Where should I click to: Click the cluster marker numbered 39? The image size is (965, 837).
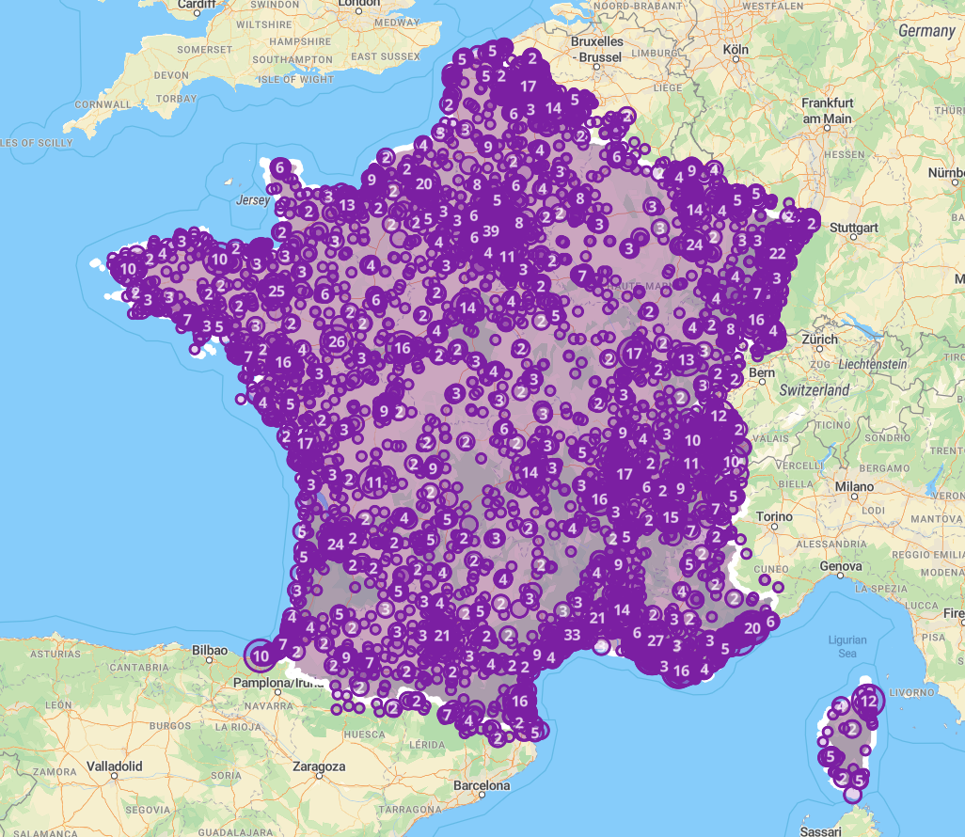pyautogui.click(x=490, y=231)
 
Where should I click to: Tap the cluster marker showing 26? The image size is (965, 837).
pyautogui.click(x=338, y=341)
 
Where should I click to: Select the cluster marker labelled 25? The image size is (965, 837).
pyautogui.click(x=277, y=292)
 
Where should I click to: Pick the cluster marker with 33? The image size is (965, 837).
pyautogui.click(x=572, y=634)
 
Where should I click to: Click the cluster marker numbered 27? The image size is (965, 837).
pyautogui.click(x=656, y=640)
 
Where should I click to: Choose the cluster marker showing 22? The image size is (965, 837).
pyautogui.click(x=777, y=254)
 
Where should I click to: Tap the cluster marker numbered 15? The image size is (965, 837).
pyautogui.click(x=671, y=517)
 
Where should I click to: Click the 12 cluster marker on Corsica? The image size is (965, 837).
pyautogui.click(x=869, y=701)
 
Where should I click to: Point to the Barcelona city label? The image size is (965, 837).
pyautogui.click(x=481, y=785)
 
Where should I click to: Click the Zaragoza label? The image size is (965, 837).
pyautogui.click(x=320, y=766)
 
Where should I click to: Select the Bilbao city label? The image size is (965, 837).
pyautogui.click(x=210, y=649)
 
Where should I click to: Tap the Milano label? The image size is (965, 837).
pyautogui.click(x=854, y=487)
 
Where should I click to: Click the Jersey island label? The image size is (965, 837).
pyautogui.click(x=252, y=200)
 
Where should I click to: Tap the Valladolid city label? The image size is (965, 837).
pyautogui.click(x=114, y=766)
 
